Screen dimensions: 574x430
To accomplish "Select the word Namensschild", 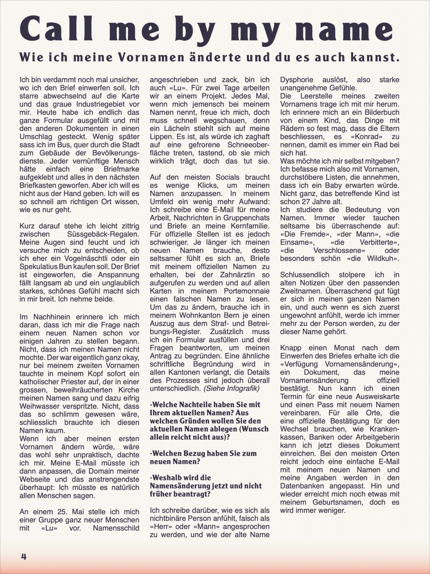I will (x=116, y=528).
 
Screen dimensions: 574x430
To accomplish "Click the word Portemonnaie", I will (x=245, y=291).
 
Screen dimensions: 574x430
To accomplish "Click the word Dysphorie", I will (x=297, y=80).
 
